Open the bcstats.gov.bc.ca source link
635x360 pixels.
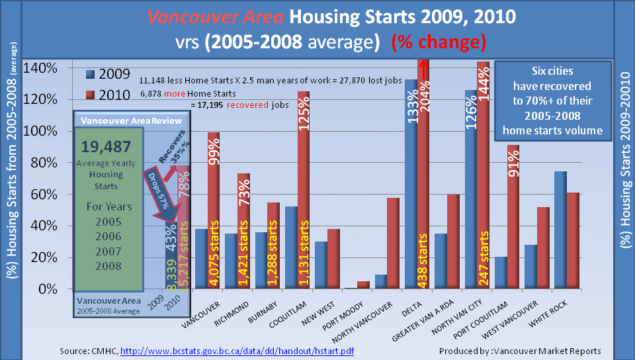click(237, 350)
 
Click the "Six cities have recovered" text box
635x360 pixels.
click(552, 101)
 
